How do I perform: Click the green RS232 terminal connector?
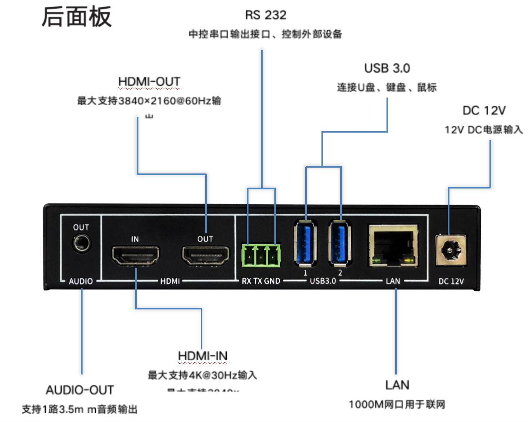click(x=261, y=255)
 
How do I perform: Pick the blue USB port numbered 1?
click(x=305, y=243)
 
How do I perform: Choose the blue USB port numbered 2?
click(x=340, y=243)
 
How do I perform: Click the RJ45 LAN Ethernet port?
click(x=393, y=245)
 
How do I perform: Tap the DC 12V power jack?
click(x=451, y=250)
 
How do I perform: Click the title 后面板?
click(x=76, y=17)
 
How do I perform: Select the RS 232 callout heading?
click(x=266, y=15)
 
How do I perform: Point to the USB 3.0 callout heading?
click(x=387, y=68)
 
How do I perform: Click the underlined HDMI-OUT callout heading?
click(x=149, y=82)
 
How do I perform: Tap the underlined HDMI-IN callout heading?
click(x=203, y=356)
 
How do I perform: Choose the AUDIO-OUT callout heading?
click(x=80, y=390)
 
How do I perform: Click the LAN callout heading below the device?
click(x=397, y=385)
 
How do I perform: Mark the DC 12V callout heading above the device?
click(x=484, y=111)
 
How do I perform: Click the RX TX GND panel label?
click(x=261, y=281)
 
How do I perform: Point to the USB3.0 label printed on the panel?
click(x=323, y=281)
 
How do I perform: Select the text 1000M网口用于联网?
click(x=397, y=404)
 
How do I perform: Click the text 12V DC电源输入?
click(x=484, y=130)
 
